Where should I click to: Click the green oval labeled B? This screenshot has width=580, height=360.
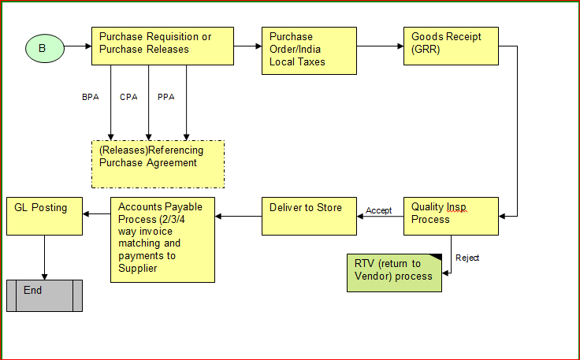point(43,48)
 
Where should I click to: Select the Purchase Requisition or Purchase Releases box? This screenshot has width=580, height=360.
point(162,46)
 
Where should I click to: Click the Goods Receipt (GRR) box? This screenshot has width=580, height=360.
point(451,46)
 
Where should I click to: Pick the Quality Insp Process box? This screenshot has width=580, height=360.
point(451,215)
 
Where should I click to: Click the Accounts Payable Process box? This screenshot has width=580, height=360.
point(162,239)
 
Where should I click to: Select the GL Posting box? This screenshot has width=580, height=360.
point(44,216)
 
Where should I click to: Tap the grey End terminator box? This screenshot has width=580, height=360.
point(44,295)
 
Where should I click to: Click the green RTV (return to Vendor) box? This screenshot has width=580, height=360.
point(395,273)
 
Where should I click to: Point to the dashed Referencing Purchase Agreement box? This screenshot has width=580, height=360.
point(158,164)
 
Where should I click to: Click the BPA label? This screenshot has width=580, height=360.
point(91,97)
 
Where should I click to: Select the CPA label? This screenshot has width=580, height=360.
point(128,97)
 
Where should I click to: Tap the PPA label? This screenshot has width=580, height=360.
point(165,97)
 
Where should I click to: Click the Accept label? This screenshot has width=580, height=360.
point(378,210)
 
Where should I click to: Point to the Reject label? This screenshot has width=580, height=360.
point(467,258)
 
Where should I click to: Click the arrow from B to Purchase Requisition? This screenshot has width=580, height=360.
point(77,47)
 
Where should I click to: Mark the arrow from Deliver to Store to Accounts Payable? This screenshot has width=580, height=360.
point(238,215)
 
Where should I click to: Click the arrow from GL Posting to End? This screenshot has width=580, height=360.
point(44,256)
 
